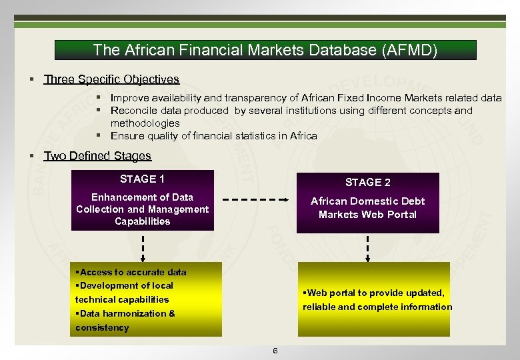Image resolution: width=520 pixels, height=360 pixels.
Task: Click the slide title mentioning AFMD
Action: (x=265, y=50)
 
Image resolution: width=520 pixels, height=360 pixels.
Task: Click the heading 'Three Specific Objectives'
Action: (x=111, y=79)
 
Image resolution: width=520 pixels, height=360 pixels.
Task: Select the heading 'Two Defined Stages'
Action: (x=97, y=156)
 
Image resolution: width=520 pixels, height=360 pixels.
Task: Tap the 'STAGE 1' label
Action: (x=142, y=179)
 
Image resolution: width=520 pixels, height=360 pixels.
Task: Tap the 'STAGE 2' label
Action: (x=367, y=182)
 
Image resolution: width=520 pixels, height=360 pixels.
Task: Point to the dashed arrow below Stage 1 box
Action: (x=143, y=246)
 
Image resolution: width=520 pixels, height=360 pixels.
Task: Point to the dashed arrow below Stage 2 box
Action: (x=367, y=247)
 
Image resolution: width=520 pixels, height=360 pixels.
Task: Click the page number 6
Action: (x=275, y=351)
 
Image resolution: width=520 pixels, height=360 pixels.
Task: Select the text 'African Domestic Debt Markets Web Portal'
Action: (x=367, y=207)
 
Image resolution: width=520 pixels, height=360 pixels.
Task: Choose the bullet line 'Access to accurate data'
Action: (x=131, y=272)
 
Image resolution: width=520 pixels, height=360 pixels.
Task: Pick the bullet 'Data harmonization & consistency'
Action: (x=125, y=320)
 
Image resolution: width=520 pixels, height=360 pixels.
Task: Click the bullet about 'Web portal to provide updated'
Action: (x=377, y=300)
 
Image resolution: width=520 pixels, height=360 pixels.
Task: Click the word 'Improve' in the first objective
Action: (x=129, y=98)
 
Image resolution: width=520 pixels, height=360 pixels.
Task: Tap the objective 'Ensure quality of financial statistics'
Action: (x=213, y=136)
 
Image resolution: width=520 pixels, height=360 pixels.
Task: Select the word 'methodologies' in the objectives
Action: (x=145, y=123)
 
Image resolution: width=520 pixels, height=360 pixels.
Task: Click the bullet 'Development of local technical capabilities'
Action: (x=124, y=293)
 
